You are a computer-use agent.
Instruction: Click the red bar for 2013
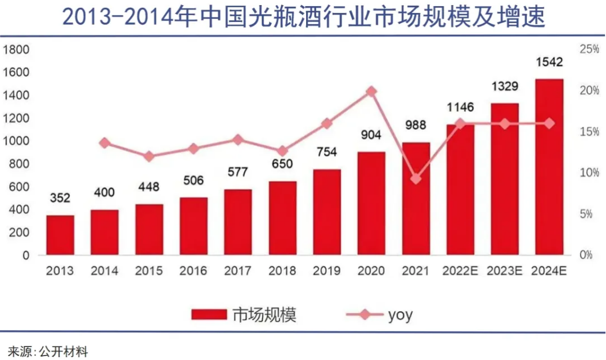(x=60, y=235)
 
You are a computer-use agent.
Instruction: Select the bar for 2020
(x=371, y=204)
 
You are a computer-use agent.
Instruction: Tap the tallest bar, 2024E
(x=549, y=167)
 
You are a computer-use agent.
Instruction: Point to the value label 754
(x=327, y=153)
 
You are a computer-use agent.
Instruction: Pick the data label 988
(x=416, y=125)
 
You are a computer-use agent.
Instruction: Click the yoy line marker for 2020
(x=371, y=92)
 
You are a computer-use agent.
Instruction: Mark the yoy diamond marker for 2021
(x=416, y=179)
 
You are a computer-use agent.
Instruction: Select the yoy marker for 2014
(x=105, y=143)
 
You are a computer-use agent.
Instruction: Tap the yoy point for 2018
(x=282, y=151)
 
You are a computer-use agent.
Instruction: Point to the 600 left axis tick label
(x=18, y=187)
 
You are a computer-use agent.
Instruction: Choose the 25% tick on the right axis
(x=589, y=49)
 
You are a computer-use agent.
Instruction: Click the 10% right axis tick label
(x=589, y=173)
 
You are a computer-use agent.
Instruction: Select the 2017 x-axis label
(x=238, y=271)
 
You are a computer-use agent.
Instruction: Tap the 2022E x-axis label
(x=460, y=271)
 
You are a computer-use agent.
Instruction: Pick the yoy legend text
(x=400, y=314)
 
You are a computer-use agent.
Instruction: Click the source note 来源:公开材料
(x=48, y=352)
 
